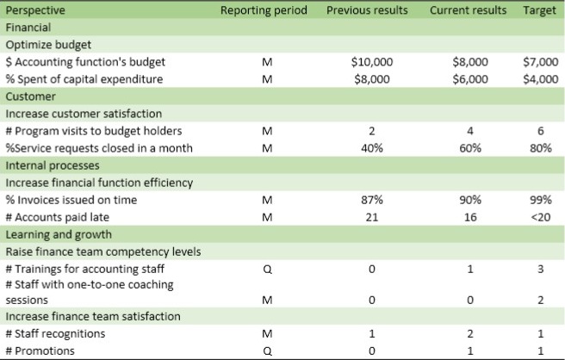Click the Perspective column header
pos(36,10)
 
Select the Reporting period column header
pos(263,10)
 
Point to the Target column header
pos(539,10)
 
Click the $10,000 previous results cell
pos(372,62)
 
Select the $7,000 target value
pos(540,62)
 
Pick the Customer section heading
pos(31,96)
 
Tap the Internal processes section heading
pos(52,165)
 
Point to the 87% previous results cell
pos(373,200)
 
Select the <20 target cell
pos(540,217)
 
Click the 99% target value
pos(540,200)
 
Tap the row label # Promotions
pos(40,351)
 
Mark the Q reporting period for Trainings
pos(266,269)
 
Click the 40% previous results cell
pos(373,148)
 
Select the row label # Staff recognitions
pos(55,333)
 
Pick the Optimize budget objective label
pos(48,45)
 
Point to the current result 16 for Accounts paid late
pos(471,217)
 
